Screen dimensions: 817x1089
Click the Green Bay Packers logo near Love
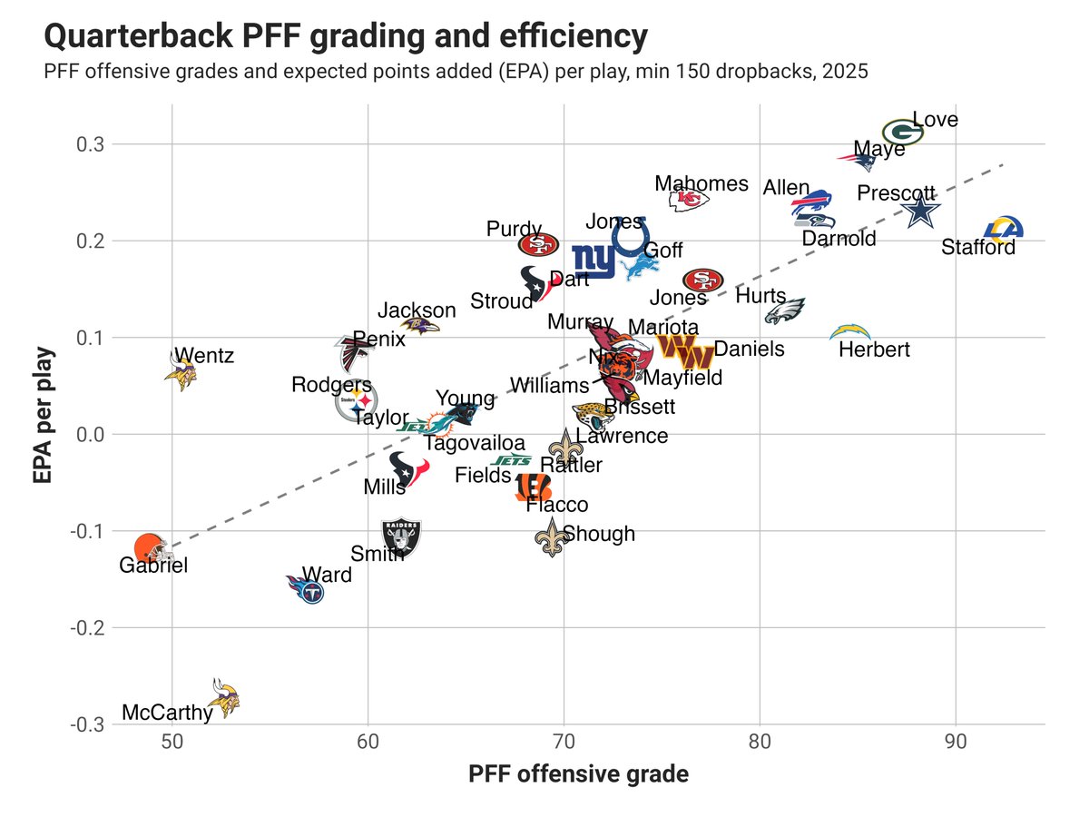903,133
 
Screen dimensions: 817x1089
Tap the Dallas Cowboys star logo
922,212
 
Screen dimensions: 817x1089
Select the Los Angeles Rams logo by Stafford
1003,228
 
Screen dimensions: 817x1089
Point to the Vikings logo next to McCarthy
222,697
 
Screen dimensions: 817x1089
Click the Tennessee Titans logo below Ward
307,592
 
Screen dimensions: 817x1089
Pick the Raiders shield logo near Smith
400,537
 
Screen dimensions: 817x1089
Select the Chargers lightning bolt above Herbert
850,331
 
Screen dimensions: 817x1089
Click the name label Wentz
204,355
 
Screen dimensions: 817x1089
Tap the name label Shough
599,534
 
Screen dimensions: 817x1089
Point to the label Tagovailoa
474,443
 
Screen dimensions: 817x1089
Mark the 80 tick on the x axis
760,741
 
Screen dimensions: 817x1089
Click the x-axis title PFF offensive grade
578,774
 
